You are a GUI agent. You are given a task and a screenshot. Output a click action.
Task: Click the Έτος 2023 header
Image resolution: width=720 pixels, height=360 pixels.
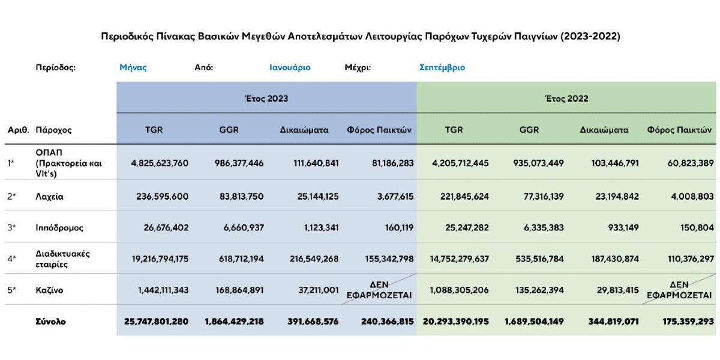(266, 98)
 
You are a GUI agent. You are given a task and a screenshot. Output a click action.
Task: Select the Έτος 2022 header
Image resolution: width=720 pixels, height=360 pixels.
(566, 98)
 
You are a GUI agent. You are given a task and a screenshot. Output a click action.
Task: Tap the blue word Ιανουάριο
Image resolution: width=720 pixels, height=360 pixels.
(290, 68)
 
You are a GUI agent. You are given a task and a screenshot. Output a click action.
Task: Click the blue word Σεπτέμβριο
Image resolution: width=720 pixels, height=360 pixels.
(442, 68)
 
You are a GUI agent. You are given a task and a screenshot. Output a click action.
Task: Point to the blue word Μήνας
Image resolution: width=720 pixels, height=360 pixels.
(133, 68)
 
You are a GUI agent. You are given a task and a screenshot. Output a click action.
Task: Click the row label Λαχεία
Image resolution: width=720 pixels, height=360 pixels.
(49, 196)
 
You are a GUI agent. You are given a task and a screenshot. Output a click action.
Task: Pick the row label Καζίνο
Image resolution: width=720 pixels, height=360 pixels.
(49, 290)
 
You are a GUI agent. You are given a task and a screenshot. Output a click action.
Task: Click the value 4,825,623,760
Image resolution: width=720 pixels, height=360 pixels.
(160, 163)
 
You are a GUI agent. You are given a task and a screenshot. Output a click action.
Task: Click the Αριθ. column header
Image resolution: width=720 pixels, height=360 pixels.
(19, 130)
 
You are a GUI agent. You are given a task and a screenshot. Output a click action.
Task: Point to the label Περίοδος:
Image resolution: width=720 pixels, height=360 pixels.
(56, 68)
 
